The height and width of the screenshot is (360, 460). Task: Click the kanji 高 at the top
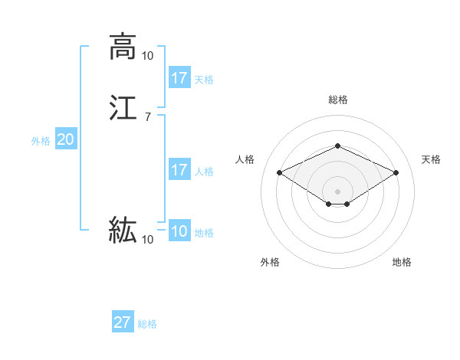[123, 47]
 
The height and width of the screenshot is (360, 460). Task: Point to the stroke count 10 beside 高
[147, 55]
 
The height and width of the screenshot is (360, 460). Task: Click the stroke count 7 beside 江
[147, 116]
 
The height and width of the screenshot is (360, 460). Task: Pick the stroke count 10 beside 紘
[147, 240]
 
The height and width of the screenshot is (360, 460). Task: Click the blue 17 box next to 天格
[179, 78]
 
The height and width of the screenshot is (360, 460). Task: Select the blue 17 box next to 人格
[179, 170]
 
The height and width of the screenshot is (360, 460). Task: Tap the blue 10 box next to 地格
[179, 232]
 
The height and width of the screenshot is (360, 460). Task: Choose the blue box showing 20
[65, 139]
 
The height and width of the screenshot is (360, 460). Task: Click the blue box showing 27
[123, 322]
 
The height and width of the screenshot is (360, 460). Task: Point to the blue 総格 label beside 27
[147, 324]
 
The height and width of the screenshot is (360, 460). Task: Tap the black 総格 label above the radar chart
[338, 100]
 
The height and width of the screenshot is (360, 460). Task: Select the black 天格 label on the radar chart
[431, 159]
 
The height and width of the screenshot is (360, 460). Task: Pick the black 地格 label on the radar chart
[402, 262]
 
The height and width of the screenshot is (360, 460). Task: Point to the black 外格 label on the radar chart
[270, 262]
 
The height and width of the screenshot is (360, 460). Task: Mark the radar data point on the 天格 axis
[396, 172]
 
